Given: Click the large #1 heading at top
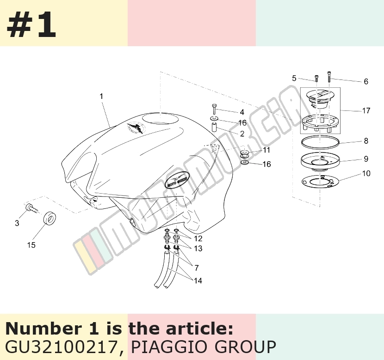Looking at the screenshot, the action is click(31, 24).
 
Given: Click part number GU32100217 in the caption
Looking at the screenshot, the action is click(61, 347).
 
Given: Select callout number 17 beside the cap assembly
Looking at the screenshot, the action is click(366, 111).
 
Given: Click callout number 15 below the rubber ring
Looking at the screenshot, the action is click(31, 245).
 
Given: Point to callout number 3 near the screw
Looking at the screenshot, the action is click(17, 223).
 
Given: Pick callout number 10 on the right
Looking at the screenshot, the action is click(366, 173).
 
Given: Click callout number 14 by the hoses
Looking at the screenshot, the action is click(198, 281).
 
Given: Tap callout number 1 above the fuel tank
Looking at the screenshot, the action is click(101, 97).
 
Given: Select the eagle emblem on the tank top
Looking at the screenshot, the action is click(136, 128).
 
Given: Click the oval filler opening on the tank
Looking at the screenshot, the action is click(161, 119).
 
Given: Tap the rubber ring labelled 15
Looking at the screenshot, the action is click(49, 219).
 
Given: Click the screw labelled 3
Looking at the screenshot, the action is click(32, 208).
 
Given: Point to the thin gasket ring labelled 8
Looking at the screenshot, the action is click(320, 142).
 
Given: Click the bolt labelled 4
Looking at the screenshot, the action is click(214, 109).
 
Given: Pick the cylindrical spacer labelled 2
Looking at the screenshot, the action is click(215, 128).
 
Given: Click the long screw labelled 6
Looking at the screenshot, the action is click(329, 76).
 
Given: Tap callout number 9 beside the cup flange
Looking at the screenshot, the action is click(366, 159).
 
